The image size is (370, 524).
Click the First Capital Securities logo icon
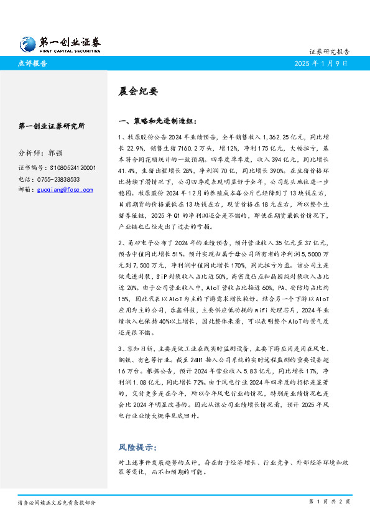tap(28, 43)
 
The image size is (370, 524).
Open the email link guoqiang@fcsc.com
tap(64, 189)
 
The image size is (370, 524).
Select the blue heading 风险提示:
tap(137, 447)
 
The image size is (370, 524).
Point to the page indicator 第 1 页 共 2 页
tap(329, 502)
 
